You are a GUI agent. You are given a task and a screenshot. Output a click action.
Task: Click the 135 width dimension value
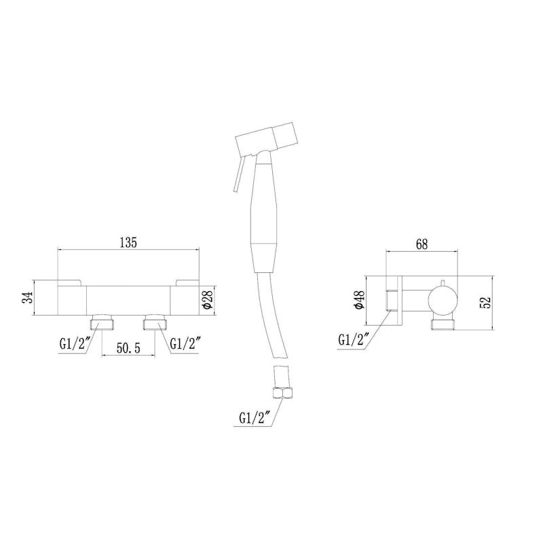coord(128,242)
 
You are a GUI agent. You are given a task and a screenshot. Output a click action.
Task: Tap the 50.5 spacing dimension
coord(128,348)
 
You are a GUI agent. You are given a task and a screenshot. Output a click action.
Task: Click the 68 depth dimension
coord(422,244)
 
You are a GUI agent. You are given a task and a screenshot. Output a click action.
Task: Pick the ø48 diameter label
coord(360,299)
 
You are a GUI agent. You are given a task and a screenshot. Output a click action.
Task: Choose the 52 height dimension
coord(486,302)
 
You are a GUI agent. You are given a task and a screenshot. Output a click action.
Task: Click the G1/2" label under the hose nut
coord(255,419)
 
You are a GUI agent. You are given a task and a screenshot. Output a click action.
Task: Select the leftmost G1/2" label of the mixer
coord(75,344)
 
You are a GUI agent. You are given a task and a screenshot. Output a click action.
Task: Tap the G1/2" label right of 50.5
coord(185,344)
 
